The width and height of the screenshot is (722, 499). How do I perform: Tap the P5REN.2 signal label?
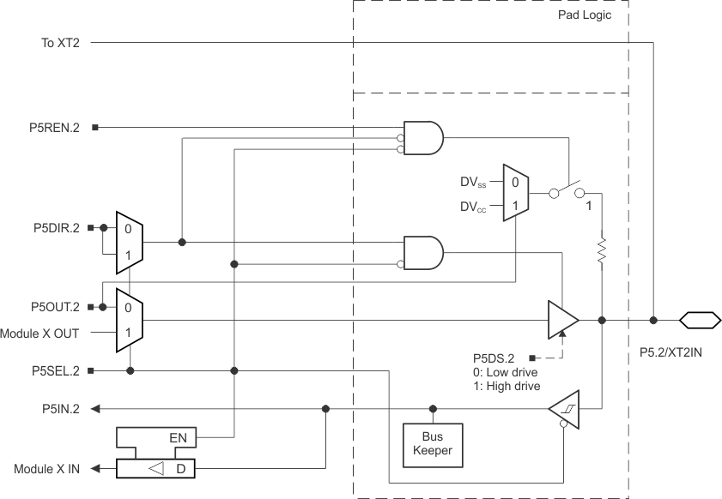point(53,128)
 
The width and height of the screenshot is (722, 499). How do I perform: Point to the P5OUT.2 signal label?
point(53,306)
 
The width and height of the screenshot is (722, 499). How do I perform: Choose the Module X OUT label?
point(40,332)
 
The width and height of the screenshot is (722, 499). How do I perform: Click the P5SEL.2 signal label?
point(53,370)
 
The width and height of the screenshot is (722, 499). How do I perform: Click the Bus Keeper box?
point(433,442)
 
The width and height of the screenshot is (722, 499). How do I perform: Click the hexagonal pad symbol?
point(699,321)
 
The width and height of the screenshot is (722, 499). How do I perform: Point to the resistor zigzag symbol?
point(602,251)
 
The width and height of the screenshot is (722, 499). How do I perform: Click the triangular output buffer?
point(562,321)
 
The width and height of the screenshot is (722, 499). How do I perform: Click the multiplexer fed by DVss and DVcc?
point(515,194)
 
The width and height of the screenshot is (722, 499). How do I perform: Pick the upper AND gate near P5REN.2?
point(423,137)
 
